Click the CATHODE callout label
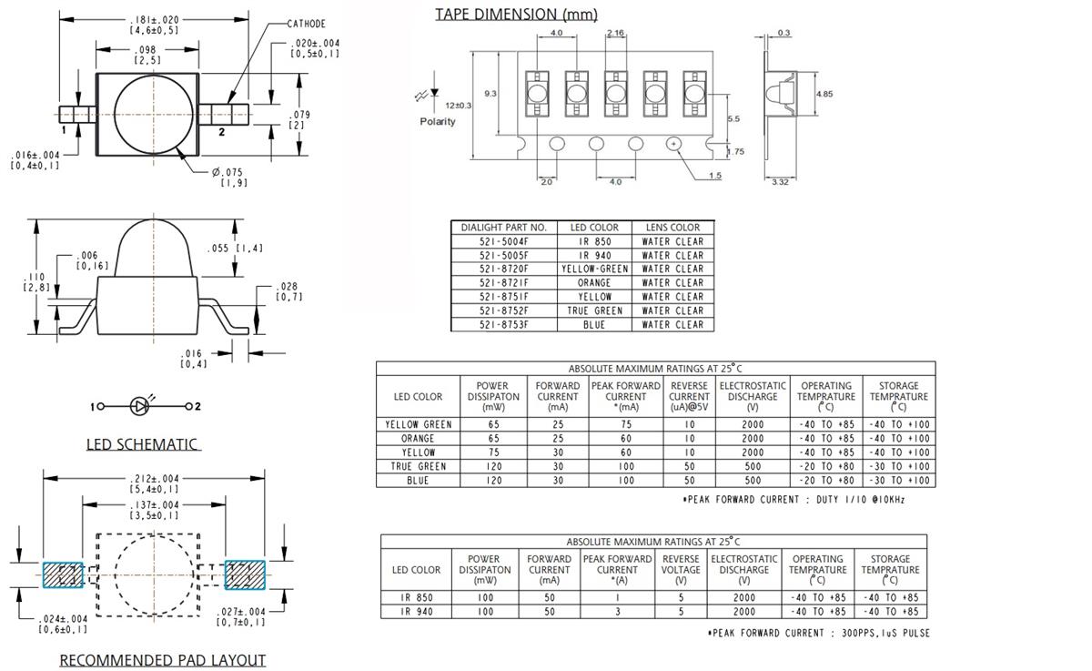[x=306, y=24]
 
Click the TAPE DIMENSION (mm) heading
[x=516, y=14]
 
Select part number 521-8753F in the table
[x=503, y=324]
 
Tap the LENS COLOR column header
[x=672, y=228]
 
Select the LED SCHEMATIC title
[x=141, y=444]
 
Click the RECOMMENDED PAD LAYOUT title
[x=162, y=660]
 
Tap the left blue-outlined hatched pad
[x=63, y=574]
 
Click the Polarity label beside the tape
[x=438, y=121]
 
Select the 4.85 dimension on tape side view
[x=824, y=94]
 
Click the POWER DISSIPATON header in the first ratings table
[x=492, y=396]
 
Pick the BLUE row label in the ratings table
[x=418, y=480]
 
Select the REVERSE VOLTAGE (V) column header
[x=681, y=569]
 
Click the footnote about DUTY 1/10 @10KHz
[x=794, y=500]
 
